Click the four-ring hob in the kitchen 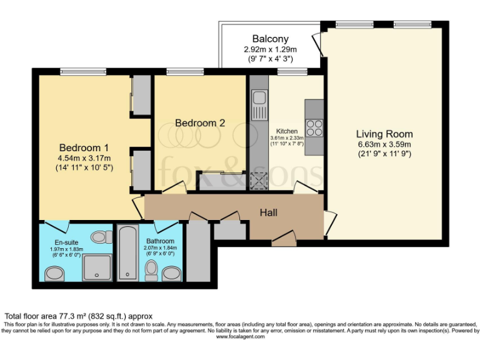click(314, 127)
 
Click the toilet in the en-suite click(99, 237)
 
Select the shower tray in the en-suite click(97, 267)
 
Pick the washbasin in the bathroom click(171, 272)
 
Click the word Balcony click(270, 39)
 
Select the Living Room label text click(384, 134)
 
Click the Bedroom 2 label click(200, 123)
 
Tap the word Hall click(269, 213)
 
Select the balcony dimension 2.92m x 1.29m click(270, 49)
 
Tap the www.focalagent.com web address click(240, 337)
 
